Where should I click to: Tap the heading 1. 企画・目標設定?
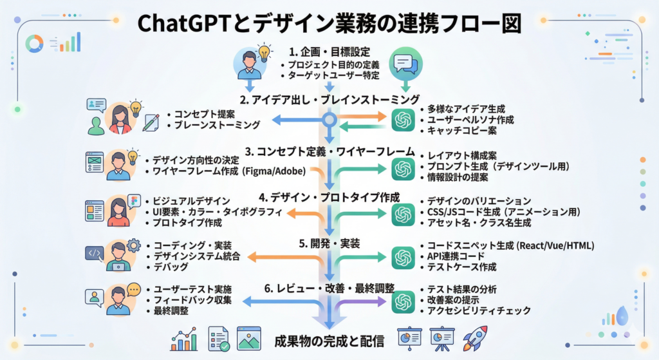tap(329, 52)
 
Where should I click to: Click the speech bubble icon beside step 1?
tap(405, 64)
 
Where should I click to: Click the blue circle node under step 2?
tap(330, 120)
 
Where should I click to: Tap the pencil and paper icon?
tap(151, 122)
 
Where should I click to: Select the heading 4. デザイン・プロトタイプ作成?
tap(329, 197)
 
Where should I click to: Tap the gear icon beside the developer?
tap(133, 245)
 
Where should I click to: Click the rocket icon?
tap(475, 338)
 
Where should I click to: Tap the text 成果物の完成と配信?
tap(329, 341)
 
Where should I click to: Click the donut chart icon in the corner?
tap(35, 43)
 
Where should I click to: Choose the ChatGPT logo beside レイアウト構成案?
tap(403, 169)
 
